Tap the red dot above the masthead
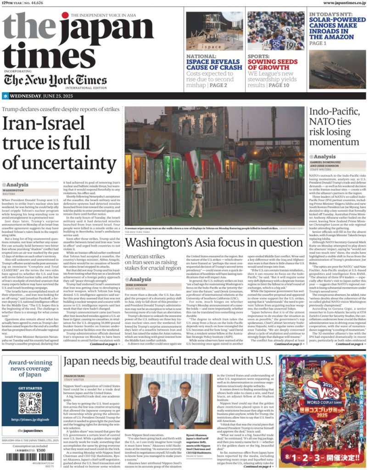pos(65,16)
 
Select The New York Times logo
pos(56,80)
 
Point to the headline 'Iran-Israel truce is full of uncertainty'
pos(60,143)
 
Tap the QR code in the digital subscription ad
pos(30,402)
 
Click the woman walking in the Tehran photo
pos(197,190)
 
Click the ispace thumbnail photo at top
pos(214,31)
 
